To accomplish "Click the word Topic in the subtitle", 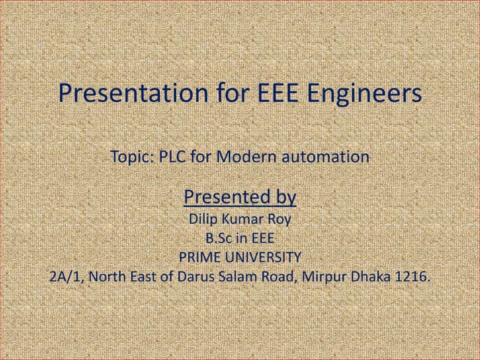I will pyautogui.click(x=132, y=157).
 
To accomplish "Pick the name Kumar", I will pyautogui.click(x=238, y=220).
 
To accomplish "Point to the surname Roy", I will pyautogui.click(x=276, y=220).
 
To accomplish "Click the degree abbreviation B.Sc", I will pyautogui.click(x=219, y=239).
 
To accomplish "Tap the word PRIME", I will pyautogui.click(x=198, y=257).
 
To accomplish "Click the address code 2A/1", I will pyautogui.click(x=64, y=276).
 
